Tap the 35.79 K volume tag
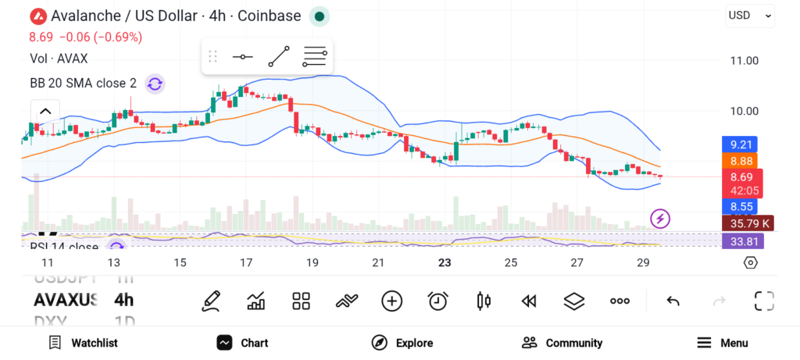pos(747,223)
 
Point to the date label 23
pos(445,262)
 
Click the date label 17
pos(246,262)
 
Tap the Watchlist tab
pos(84,343)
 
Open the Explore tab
pos(402,343)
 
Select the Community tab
pos(562,343)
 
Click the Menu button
pos(723,343)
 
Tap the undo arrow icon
pos(673,301)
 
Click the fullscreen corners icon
pos(764,301)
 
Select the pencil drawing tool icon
pos(211,301)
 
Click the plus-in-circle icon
pos(391,301)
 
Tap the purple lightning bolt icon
pos(660,219)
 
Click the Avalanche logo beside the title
pos(37,16)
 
